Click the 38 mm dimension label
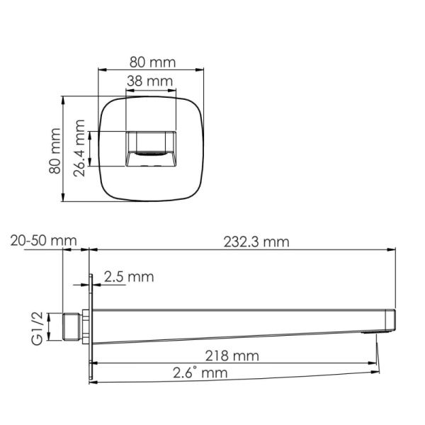149,81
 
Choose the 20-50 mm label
43,241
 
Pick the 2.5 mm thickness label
128,277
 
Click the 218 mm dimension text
232,355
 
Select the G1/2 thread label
38,327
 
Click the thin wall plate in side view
90,326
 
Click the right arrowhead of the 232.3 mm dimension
392,249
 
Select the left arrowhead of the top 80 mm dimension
100,69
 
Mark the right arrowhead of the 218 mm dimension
374,363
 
